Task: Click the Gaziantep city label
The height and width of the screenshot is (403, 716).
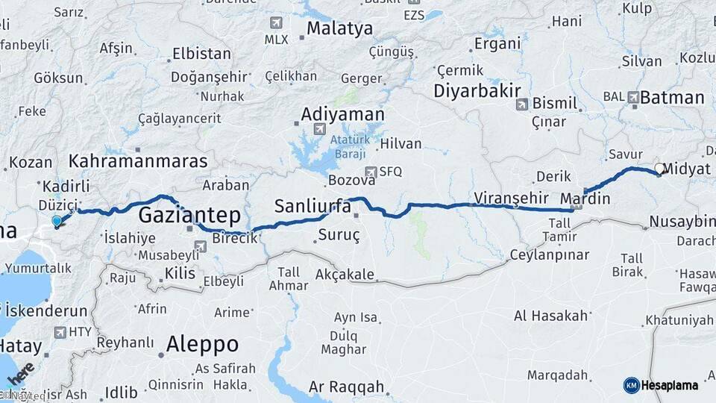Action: tap(189, 216)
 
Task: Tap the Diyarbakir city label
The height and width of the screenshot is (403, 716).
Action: tap(477, 90)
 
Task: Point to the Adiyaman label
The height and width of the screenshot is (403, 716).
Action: tap(342, 115)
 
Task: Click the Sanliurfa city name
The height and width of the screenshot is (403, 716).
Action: tap(313, 206)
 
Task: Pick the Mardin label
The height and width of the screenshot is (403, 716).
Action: tap(585, 199)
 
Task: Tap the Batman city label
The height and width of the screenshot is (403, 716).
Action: tap(672, 97)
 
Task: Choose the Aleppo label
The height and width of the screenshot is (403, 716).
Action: tap(202, 344)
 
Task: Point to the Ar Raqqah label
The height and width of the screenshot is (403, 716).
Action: tap(346, 387)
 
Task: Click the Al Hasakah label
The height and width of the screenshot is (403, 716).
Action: tap(552, 316)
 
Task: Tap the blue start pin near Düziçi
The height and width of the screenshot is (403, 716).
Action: tap(57, 221)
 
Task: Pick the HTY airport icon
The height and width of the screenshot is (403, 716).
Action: tap(60, 332)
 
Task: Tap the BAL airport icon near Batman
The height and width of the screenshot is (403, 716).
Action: tap(633, 96)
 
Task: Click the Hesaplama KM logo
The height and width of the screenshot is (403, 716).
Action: tap(661, 385)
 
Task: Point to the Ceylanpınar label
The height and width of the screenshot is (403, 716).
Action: tap(550, 254)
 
